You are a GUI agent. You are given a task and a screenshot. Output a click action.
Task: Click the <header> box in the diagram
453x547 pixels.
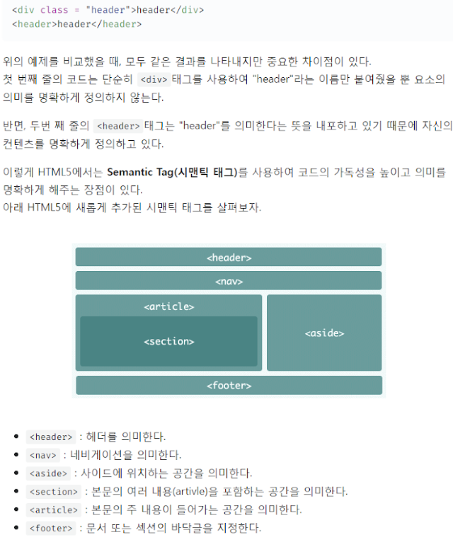tap(228, 257)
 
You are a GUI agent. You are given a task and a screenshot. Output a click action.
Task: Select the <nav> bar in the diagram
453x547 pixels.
tap(228, 280)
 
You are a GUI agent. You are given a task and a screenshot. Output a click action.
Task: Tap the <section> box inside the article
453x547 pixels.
tap(168, 341)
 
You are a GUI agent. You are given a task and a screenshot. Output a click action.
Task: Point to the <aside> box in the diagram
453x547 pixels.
tap(324, 333)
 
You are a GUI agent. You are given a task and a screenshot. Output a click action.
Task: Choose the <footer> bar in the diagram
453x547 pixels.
tap(229, 385)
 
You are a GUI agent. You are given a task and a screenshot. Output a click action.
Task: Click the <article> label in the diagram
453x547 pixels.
tap(169, 306)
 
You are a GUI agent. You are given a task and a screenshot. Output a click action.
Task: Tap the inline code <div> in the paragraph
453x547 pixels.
tap(154, 80)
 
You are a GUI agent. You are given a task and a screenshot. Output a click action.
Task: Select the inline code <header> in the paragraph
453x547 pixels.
tap(118, 126)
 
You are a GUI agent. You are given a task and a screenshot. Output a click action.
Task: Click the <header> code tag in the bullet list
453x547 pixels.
tap(51, 437)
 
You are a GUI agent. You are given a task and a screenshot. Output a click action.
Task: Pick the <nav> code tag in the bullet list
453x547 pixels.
tap(43, 455)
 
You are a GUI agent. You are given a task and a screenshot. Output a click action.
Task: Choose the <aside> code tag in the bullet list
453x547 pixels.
tap(48, 473)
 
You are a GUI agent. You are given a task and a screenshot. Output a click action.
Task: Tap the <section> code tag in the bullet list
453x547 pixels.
tap(54, 492)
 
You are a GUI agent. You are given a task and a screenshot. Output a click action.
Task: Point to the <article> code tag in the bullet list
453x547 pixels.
tap(54, 510)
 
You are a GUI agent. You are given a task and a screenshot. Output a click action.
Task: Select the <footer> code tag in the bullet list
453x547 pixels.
tap(51, 528)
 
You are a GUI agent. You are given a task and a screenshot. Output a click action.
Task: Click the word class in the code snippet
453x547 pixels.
tap(54, 10)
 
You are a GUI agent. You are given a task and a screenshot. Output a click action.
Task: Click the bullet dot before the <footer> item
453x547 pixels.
tap(16, 528)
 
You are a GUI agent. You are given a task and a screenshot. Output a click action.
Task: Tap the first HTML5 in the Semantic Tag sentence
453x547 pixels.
tap(55, 172)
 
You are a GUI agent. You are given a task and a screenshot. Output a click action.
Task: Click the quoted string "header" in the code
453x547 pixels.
tap(108, 10)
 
